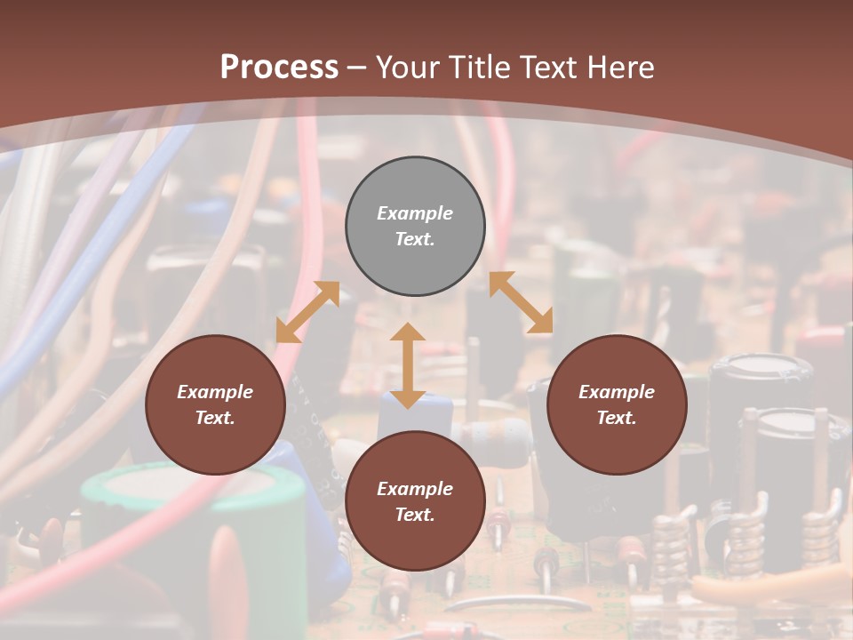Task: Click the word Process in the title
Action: [279, 68]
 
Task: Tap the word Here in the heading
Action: [623, 68]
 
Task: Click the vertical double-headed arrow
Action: [408, 365]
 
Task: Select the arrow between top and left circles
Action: [307, 312]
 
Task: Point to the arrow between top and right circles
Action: [521, 302]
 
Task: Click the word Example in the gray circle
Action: [415, 213]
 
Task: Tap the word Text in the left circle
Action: [215, 418]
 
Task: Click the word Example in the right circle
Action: [617, 392]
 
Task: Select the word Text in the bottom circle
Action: [415, 515]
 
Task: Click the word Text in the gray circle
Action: [415, 239]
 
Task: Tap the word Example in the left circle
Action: [215, 392]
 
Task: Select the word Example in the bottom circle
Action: [415, 489]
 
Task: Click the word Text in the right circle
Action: [617, 418]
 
